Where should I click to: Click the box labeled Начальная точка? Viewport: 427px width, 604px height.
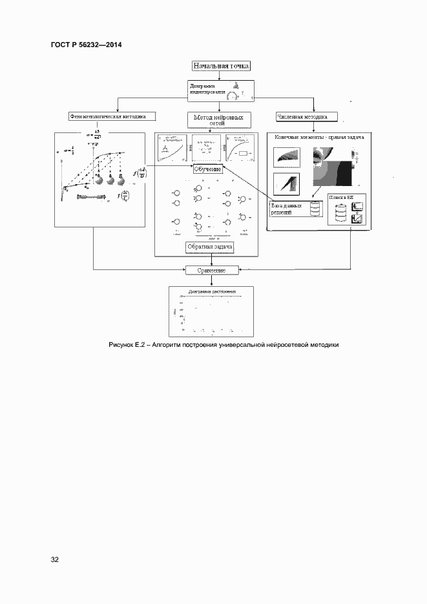[221, 65]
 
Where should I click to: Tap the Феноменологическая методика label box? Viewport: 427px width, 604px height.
[107, 117]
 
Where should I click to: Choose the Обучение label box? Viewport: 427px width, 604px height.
[208, 169]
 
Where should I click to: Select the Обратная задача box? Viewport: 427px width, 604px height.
[210, 247]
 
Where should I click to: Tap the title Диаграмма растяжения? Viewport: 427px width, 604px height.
[211, 292]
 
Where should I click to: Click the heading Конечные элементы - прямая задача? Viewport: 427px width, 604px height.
[320, 138]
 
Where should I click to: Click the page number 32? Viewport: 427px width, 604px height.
[55, 559]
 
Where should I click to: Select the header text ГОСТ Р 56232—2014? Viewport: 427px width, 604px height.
[86, 45]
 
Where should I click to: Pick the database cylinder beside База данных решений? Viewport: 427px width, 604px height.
[315, 210]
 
